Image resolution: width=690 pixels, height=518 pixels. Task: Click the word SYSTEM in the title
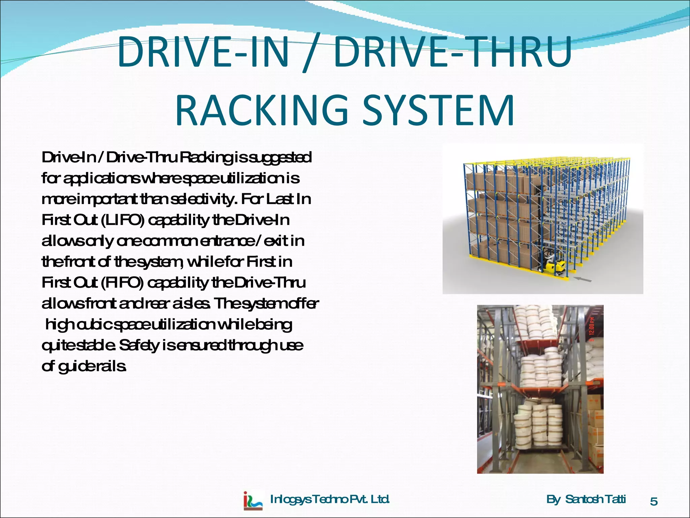click(438, 110)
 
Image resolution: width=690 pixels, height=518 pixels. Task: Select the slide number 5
click(654, 501)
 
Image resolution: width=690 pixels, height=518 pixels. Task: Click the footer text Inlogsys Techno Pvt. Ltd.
click(330, 499)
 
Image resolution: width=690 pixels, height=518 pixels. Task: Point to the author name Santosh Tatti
click(595, 499)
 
